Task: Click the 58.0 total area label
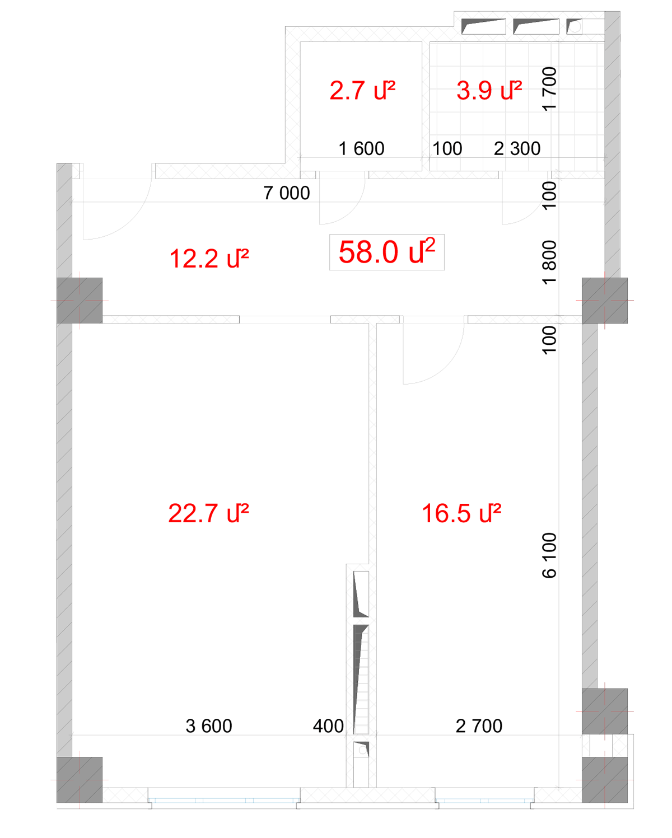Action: [386, 252]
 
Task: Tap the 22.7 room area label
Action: [208, 513]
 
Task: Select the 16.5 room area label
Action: [461, 513]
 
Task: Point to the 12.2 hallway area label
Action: [209, 258]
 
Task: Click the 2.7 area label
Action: [362, 90]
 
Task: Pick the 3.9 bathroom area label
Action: [489, 90]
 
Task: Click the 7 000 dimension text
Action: [287, 193]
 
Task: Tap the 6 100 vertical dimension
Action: [549, 555]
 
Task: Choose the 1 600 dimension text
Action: [362, 149]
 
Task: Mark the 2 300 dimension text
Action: [517, 149]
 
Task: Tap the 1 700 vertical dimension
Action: [549, 89]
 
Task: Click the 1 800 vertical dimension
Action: [549, 263]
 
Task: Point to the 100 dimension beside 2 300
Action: [447, 149]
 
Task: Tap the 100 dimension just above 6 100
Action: [549, 340]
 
